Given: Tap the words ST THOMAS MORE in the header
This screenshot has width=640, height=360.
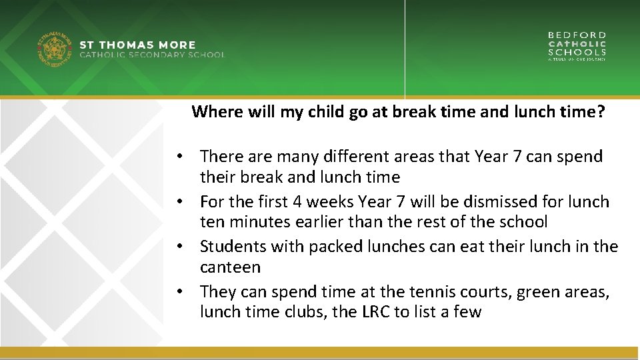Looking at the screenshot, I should click(x=137, y=45).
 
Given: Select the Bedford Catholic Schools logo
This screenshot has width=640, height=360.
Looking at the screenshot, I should click(x=577, y=45).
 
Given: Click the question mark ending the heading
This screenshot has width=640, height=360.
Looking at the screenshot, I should click(x=601, y=112).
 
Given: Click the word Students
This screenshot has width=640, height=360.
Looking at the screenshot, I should click(x=233, y=247).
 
